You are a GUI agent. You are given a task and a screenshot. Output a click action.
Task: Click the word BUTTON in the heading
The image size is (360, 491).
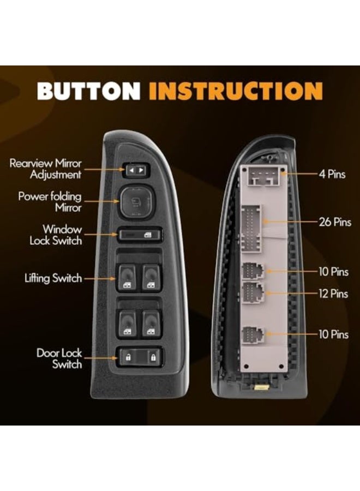click(89, 91)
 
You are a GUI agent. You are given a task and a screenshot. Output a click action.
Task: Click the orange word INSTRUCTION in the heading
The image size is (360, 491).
click(236, 91)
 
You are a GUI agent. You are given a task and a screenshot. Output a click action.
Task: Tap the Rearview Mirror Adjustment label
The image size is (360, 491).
click(45, 169)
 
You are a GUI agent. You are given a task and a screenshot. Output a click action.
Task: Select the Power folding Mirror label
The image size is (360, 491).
click(50, 202)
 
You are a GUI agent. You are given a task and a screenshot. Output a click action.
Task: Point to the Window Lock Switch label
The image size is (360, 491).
click(56, 235)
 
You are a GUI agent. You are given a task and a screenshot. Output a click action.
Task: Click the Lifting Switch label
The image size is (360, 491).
click(53, 278)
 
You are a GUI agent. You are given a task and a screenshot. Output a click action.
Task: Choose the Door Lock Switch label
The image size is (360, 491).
click(59, 358)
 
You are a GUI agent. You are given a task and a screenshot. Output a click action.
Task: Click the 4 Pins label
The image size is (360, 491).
click(332, 174)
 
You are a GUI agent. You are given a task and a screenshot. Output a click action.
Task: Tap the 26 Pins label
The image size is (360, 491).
click(335, 222)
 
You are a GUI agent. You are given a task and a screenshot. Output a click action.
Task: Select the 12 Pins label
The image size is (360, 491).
click(333, 294)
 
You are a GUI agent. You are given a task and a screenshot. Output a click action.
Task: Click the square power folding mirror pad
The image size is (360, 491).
click(136, 202)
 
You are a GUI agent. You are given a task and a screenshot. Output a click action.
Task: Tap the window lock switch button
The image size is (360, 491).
click(140, 235)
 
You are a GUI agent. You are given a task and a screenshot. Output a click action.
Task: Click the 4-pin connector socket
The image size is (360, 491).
click(263, 176)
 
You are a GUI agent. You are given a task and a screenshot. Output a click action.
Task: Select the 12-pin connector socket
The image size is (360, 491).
click(253, 292)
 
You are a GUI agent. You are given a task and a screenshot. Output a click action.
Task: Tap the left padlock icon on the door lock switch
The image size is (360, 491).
click(128, 357)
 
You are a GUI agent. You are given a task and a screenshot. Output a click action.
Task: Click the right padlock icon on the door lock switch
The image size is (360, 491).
click(153, 357)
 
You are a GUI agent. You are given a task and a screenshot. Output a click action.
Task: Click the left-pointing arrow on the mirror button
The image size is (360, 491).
click(132, 170)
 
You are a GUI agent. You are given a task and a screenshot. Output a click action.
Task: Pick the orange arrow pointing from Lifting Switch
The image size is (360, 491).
click(100, 278)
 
